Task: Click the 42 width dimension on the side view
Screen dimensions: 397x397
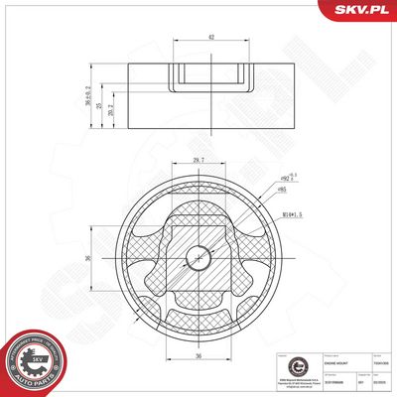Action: (x=209, y=37)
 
